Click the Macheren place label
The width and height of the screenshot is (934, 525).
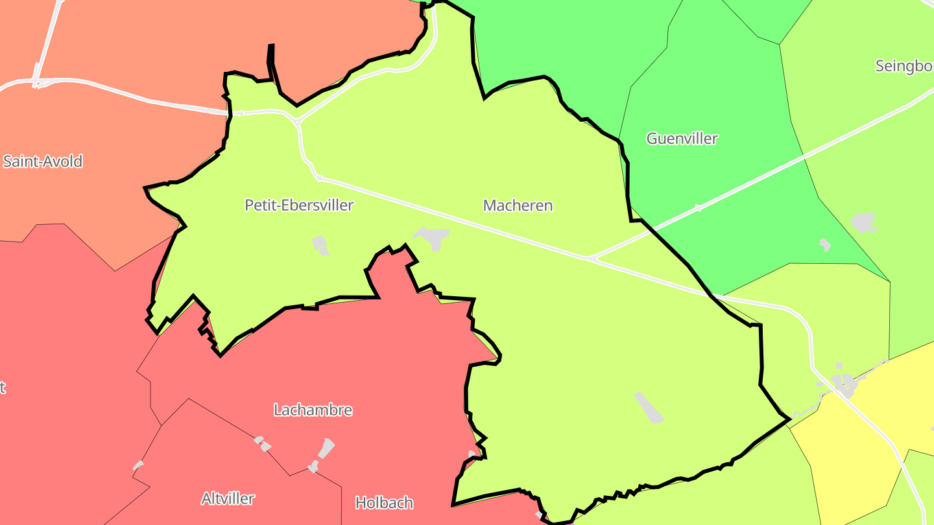[x=518, y=205]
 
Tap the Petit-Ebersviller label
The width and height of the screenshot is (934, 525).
[x=299, y=205]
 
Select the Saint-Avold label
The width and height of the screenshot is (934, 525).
[x=43, y=161]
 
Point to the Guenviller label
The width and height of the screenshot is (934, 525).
[x=682, y=138]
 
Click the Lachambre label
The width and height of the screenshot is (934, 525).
[x=313, y=410]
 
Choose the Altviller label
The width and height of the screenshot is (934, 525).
[x=228, y=498]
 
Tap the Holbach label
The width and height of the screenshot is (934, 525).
[x=384, y=502]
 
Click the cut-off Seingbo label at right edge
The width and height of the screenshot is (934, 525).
[x=904, y=66]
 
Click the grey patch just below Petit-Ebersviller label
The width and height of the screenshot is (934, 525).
[x=320, y=245]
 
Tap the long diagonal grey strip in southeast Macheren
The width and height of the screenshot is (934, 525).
[x=649, y=407]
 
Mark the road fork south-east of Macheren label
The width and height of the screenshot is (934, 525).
[x=590, y=259]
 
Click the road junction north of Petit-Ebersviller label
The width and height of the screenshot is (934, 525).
[x=296, y=121]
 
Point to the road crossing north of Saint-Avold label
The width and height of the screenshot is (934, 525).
[x=36, y=83]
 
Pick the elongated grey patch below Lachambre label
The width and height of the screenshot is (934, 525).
[x=325, y=449]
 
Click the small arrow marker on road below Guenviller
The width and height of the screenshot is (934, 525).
[x=699, y=208]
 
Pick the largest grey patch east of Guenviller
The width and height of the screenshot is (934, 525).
[x=863, y=223]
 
